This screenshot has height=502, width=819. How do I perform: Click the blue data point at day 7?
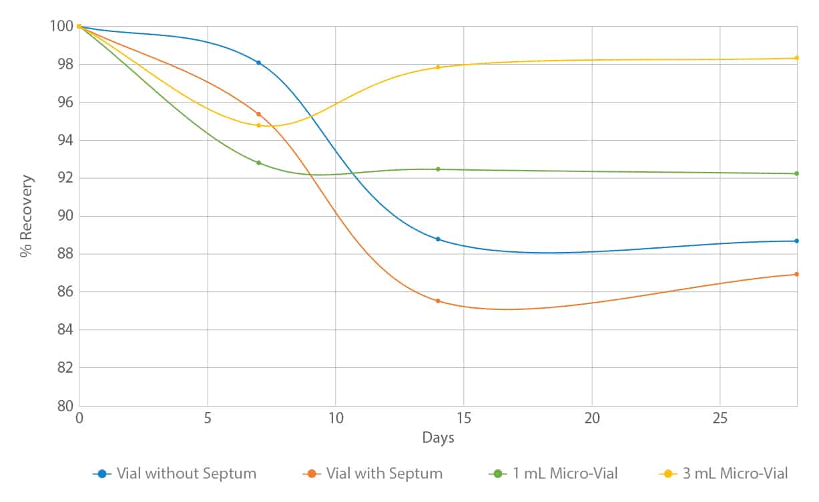click(258, 63)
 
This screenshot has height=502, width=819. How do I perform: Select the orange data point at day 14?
click(438, 301)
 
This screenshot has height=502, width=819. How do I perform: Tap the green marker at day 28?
click(797, 173)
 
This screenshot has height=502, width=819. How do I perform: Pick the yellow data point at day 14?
click(438, 67)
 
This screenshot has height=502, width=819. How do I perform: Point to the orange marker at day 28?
click(797, 274)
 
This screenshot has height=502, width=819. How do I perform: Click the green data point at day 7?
click(258, 163)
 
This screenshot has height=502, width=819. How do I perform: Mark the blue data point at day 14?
click(438, 239)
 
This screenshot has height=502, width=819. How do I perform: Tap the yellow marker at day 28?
click(797, 58)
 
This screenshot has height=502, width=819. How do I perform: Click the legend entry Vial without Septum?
click(186, 474)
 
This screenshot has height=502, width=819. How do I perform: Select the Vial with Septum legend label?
click(384, 474)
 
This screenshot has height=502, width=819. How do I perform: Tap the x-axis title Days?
click(438, 438)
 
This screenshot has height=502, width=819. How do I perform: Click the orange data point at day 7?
click(258, 114)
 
